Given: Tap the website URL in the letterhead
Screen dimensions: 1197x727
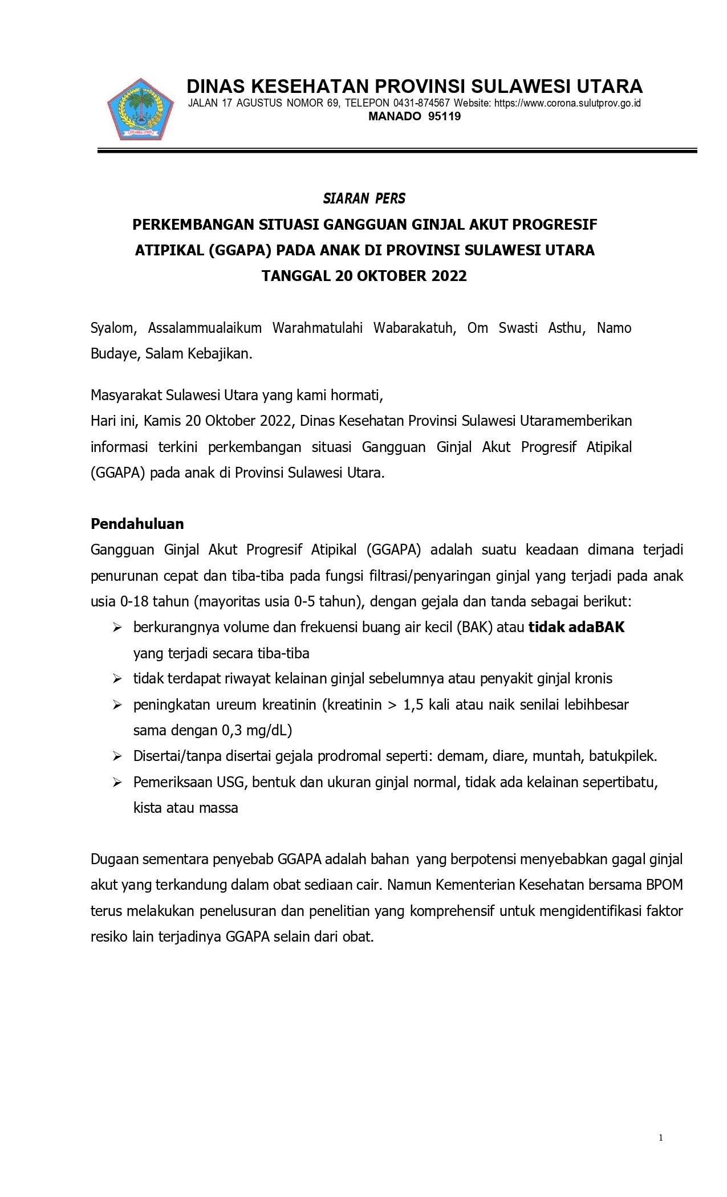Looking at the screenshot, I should click(x=567, y=103).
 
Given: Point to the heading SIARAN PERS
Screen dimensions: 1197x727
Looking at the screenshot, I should click(x=364, y=198).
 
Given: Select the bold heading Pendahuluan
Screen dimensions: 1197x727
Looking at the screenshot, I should click(x=137, y=523).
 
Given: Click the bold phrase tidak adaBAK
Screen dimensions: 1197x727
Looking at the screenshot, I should click(x=576, y=627).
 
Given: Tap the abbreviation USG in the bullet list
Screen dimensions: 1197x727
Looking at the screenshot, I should click(x=230, y=782).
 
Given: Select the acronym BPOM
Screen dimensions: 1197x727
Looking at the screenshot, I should click(x=664, y=885).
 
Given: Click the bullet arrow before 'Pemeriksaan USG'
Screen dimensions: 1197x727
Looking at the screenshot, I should click(x=117, y=783).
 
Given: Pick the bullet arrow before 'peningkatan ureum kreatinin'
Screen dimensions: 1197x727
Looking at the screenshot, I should click(x=117, y=705).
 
